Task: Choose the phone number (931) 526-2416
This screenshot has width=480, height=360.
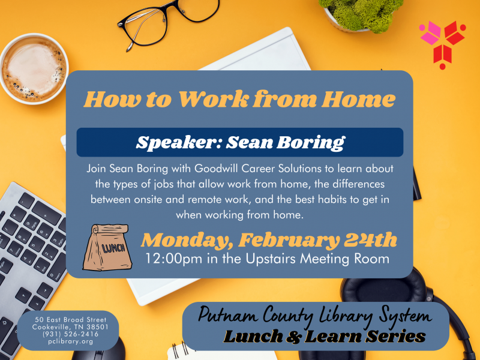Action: tap(70, 334)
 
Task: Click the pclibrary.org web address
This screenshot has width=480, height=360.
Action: tap(70, 341)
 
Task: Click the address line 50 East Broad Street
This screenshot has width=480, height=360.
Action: tap(70, 319)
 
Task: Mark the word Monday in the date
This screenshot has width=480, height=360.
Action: tap(185, 240)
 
